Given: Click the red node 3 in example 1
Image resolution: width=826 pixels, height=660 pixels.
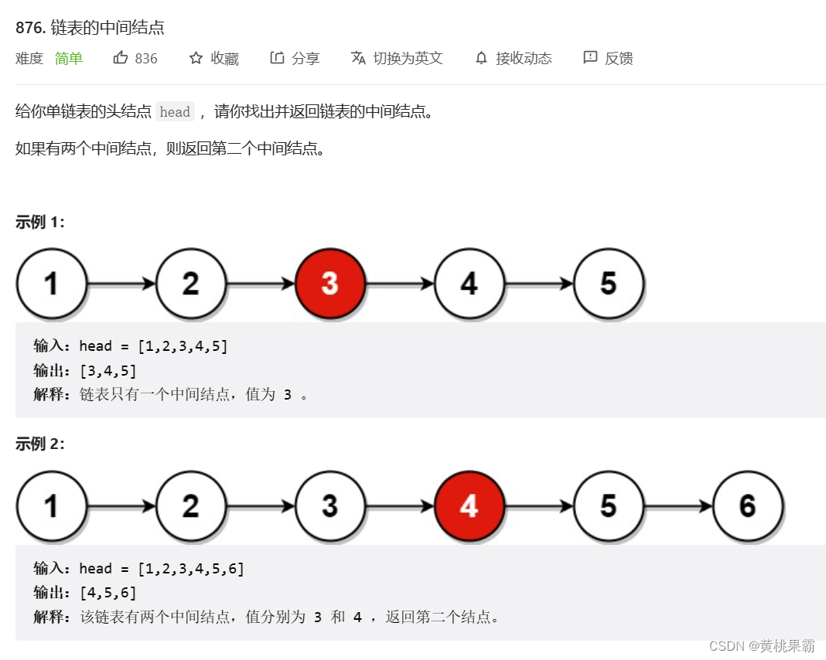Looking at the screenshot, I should [x=330, y=284].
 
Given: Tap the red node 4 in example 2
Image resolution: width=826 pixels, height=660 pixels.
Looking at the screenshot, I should [x=469, y=506].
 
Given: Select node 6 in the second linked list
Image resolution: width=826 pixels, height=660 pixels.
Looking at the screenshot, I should [x=748, y=506].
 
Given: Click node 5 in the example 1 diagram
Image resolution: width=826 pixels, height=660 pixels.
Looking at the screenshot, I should [x=609, y=284].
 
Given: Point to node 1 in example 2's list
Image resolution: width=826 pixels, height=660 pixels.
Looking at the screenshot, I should [x=51, y=506].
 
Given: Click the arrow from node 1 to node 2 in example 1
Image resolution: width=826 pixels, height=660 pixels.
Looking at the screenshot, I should [x=121, y=284].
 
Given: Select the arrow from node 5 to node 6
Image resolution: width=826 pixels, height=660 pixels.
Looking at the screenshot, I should [x=678, y=507].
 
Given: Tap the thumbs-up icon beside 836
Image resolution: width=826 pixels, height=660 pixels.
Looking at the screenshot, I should [x=121, y=58].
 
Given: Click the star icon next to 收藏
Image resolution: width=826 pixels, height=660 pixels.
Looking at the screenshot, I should [x=196, y=58].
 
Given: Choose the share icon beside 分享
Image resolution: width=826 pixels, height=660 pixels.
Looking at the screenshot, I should [x=277, y=58].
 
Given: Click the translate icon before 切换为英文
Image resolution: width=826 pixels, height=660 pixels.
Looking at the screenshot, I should [x=358, y=58].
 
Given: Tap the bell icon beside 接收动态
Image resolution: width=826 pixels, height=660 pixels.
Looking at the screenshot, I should [x=481, y=58].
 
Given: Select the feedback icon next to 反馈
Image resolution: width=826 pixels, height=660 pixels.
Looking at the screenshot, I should [x=590, y=58].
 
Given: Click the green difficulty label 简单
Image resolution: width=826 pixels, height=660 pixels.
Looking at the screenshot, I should [x=69, y=59].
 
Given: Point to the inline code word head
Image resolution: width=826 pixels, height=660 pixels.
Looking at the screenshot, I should [x=175, y=112].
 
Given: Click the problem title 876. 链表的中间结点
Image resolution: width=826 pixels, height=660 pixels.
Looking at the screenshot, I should [x=90, y=29].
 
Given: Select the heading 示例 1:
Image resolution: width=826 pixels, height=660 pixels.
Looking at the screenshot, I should [x=40, y=223].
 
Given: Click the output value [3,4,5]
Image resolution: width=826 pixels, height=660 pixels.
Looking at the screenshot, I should [x=108, y=371].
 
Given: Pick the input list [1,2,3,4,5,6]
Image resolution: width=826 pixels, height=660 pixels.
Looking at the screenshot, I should [x=190, y=569].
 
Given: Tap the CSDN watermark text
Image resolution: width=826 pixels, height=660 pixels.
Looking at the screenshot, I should [x=762, y=646].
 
